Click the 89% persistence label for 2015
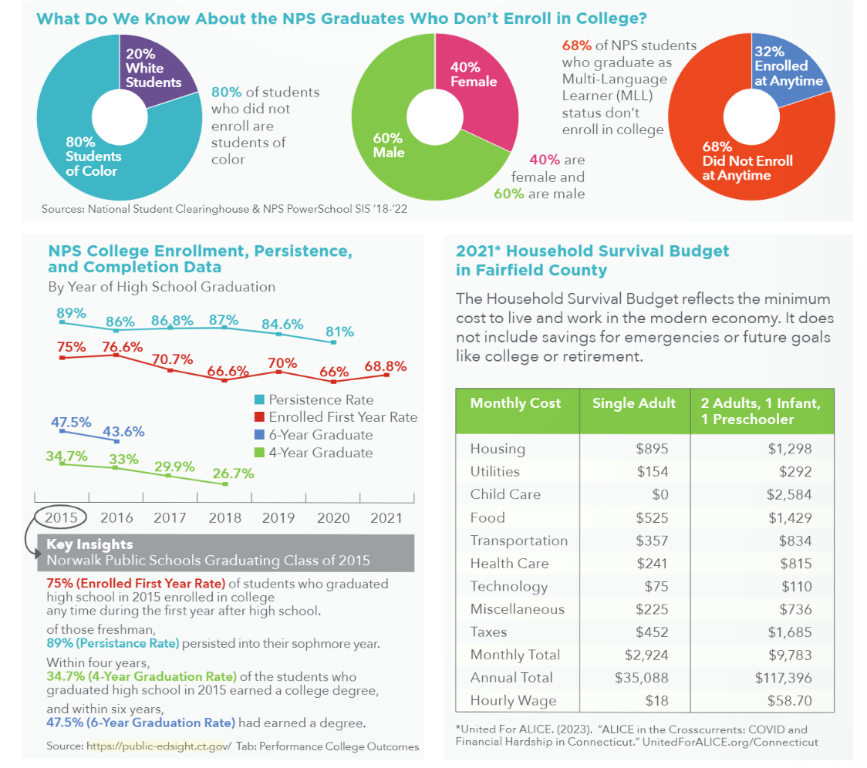pos(71,312)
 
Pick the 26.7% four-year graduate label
pos(234,473)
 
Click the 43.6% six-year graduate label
pos(124,431)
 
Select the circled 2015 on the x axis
pos(62,517)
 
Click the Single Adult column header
pos(633,403)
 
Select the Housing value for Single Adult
pos(652,449)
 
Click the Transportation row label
pos(518,541)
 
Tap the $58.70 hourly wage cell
pos(790,700)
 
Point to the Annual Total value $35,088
pos(641,677)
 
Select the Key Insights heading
pos(89,544)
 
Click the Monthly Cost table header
pos(515,403)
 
